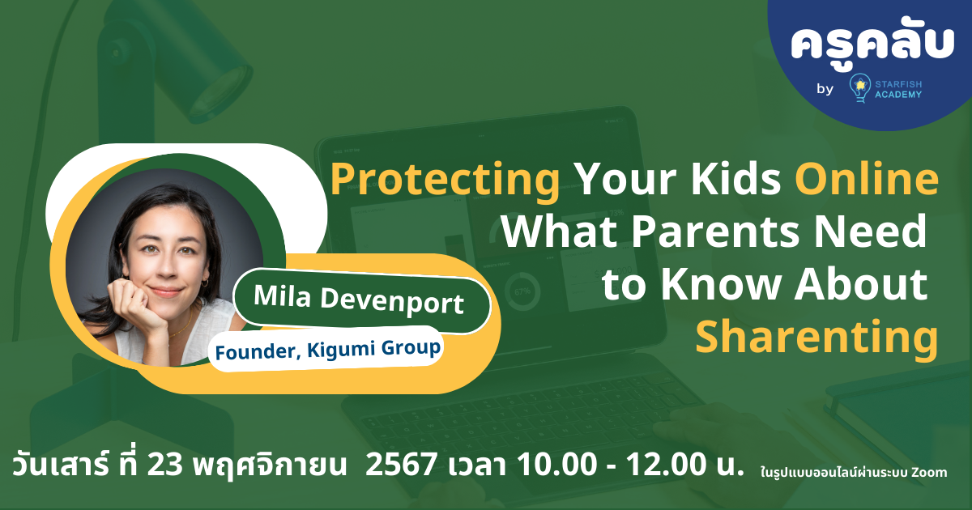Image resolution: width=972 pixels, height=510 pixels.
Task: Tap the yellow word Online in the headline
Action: pos(861,180)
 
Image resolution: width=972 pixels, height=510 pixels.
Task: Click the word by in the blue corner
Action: pos(825,90)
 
